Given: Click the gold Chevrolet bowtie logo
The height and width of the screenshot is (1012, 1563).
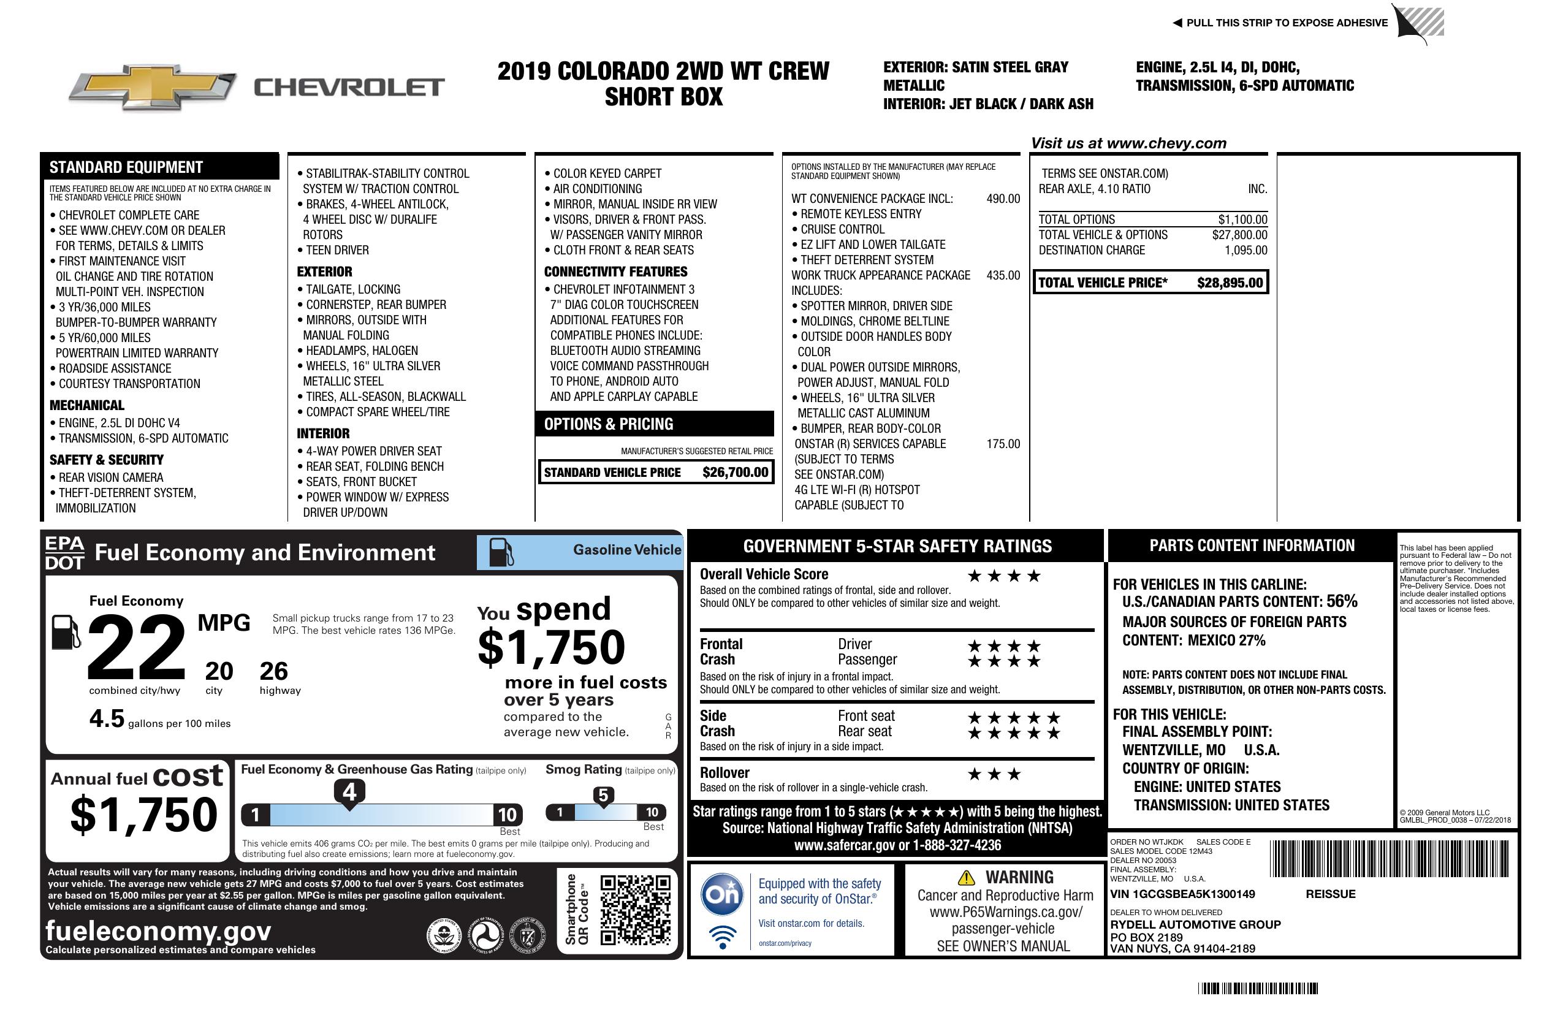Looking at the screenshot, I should (153, 86).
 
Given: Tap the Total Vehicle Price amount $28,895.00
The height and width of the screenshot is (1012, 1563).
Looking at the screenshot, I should (1230, 283).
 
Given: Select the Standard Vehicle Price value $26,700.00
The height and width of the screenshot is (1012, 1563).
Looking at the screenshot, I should (735, 472).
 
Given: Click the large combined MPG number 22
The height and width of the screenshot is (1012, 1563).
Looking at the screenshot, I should (136, 647).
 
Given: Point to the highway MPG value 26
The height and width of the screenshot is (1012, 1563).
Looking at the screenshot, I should (273, 671).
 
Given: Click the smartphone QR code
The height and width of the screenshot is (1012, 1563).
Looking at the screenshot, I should (635, 910).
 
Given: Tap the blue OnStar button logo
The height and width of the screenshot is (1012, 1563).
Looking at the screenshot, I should (722, 894).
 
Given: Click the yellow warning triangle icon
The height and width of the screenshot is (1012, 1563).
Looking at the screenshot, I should (966, 877).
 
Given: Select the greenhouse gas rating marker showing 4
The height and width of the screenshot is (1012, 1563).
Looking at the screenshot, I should (349, 792).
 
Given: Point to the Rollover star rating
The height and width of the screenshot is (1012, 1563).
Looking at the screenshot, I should (994, 774).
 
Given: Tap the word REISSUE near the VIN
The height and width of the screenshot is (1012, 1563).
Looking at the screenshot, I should (1331, 894).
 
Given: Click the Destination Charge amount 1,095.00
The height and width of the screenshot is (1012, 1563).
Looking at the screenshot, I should (1245, 250).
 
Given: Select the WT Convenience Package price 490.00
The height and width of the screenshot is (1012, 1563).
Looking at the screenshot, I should (1003, 199).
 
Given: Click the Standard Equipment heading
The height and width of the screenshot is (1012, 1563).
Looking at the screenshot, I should (126, 167).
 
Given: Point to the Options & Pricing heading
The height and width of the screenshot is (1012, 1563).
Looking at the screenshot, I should (608, 424).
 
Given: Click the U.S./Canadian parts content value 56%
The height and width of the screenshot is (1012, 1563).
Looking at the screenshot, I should (1341, 601).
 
